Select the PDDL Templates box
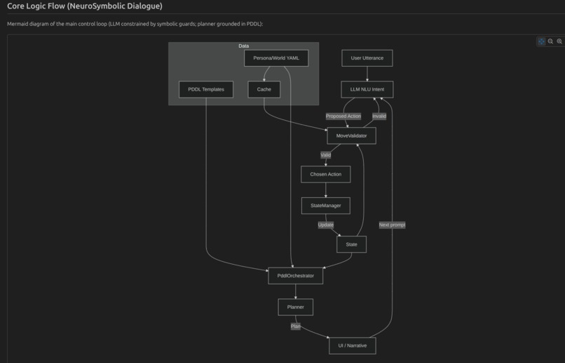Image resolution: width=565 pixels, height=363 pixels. (206, 89)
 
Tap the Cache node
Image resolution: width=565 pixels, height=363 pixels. (264, 89)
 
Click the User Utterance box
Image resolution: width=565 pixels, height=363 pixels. (367, 58)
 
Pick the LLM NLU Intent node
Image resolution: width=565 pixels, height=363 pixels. (367, 89)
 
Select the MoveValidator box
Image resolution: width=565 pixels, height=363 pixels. (351, 136)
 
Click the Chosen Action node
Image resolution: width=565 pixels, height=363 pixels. (325, 174)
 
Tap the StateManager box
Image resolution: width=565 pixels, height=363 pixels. (325, 206)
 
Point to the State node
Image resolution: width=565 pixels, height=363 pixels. (351, 244)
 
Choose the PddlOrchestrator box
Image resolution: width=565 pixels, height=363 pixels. (295, 276)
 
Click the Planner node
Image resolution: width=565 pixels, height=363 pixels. (295, 307)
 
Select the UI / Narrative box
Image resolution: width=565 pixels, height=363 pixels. (352, 345)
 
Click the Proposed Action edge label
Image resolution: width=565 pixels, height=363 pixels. (343, 116)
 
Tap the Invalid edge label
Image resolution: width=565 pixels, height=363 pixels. (379, 116)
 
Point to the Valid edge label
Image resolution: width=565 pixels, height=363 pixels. (325, 154)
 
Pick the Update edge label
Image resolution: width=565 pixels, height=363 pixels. (325, 225)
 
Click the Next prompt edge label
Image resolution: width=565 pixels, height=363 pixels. (392, 225)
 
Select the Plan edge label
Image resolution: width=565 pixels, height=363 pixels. (295, 326)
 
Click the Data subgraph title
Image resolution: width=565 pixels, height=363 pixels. (243, 46)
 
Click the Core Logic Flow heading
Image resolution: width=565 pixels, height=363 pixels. (84, 6)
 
